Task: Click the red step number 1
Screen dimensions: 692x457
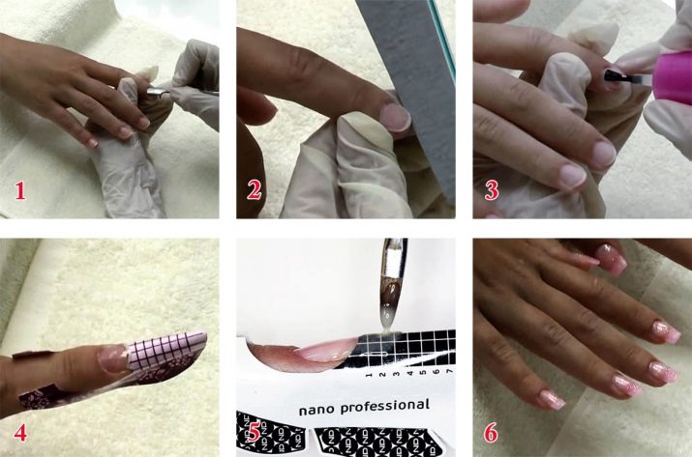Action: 20,191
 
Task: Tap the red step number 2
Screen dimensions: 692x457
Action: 255,190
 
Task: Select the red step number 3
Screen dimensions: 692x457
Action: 492,190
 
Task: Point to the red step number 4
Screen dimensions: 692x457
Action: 20,432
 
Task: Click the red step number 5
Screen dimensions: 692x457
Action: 255,432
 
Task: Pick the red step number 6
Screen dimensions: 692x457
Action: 492,432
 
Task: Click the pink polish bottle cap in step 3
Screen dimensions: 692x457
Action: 672,81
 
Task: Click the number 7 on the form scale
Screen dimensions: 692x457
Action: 449,372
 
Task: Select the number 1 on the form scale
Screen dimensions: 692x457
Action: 369,375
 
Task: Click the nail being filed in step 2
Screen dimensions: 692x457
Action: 396,117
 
